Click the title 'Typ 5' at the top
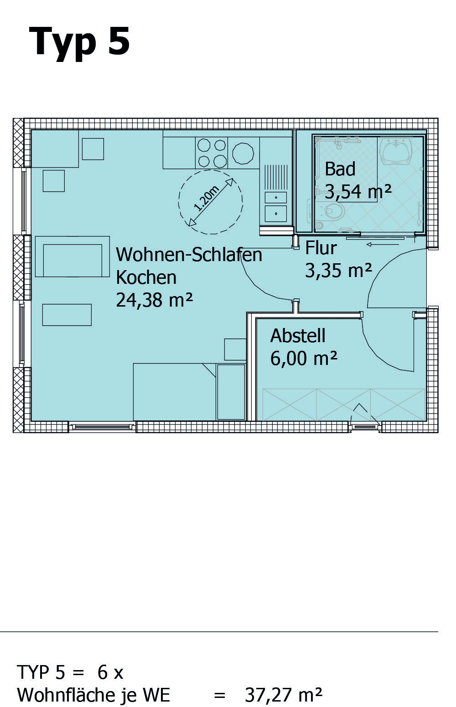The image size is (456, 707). tap(79, 43)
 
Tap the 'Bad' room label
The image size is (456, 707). tap(340, 169)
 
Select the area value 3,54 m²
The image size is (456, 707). tap(358, 191)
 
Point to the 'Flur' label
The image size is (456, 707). tap(321, 248)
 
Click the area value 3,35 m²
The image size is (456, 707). tap(338, 270)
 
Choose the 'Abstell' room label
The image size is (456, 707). tap(298, 336)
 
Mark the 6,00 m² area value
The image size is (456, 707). tap(304, 358)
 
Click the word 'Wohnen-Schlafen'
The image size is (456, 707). tap(189, 255)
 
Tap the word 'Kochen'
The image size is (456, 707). tap(146, 277)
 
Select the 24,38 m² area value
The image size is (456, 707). tap(154, 300)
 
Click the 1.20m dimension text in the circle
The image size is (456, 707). tap(207, 199)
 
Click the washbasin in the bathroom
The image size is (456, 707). tap(396, 150)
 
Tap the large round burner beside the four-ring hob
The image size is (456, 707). tap(243, 153)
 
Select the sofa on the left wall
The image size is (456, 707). tap(73, 256)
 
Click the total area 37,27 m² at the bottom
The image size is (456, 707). tap(284, 695)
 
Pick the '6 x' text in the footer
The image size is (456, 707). tap(110, 672)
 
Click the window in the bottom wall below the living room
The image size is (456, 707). tap(103, 427)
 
